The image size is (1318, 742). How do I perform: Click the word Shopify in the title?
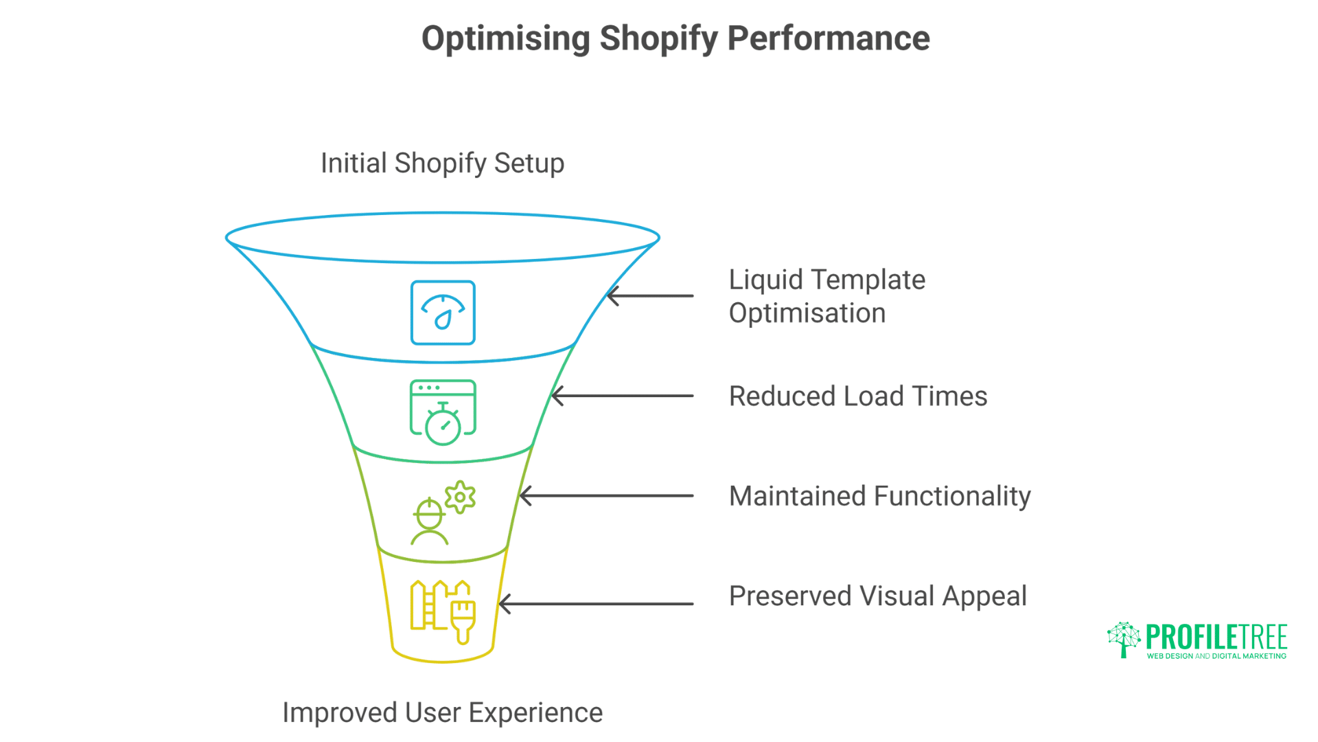coord(658,38)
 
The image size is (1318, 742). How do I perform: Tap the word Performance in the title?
coord(828,38)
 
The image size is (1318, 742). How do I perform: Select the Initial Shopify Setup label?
coord(442,164)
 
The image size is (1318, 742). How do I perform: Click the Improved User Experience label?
coord(442,712)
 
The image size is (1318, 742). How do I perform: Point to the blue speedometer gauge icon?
coord(443,313)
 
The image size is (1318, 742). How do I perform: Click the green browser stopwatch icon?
coord(443,412)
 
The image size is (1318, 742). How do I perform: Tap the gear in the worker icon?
coord(460,497)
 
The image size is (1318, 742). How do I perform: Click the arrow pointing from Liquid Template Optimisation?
coord(649,296)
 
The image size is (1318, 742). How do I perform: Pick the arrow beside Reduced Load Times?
coord(622,396)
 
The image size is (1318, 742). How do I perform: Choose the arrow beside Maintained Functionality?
coord(606,495)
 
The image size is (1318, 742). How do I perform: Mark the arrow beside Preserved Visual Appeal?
coord(596,604)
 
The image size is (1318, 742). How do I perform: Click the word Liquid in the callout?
coord(765,280)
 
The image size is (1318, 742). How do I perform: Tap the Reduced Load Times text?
coord(857,396)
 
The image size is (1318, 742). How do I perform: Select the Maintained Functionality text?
coord(879,496)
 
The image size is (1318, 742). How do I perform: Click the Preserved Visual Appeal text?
coord(877,596)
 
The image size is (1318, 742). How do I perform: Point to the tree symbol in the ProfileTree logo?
coord(1124,639)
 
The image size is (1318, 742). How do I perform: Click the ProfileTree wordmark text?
coord(1216,637)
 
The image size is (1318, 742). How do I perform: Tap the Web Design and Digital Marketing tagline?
coord(1216,656)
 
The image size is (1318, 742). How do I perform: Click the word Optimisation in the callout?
coord(807,313)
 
